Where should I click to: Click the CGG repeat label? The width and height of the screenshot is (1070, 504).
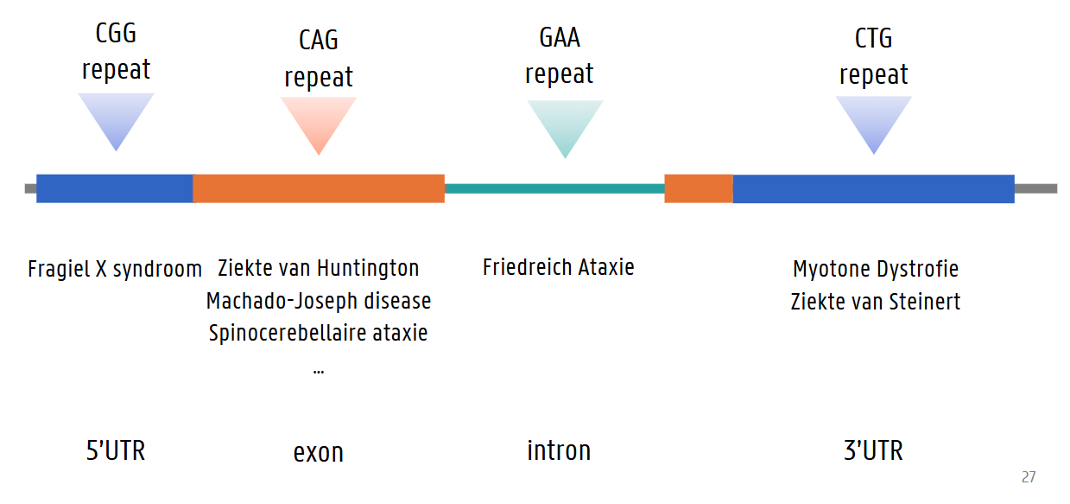point(116,52)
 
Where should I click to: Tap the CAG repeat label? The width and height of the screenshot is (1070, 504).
point(319,58)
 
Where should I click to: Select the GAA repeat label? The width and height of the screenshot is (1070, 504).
point(560,55)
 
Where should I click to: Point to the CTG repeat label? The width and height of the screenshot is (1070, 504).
point(874,56)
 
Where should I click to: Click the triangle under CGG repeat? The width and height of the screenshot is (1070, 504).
point(116,118)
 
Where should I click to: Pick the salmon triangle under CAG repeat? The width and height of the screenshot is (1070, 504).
point(319,121)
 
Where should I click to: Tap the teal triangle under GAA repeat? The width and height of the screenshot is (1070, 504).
point(565,124)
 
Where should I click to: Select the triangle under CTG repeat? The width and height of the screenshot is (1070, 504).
point(874,120)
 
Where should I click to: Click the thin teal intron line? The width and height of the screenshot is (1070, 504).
point(554,188)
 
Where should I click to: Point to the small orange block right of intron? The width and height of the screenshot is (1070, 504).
point(699,188)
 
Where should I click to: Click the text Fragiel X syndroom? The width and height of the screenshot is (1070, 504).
point(115,269)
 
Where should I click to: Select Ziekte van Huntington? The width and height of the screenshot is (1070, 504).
point(319,268)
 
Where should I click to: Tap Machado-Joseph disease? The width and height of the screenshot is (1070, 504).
point(319,301)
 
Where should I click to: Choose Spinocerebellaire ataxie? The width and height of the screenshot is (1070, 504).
point(319,333)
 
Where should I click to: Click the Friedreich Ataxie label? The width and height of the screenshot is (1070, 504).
point(559,267)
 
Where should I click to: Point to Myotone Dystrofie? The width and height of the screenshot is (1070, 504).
point(876,269)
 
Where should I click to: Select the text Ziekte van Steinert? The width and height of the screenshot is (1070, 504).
point(876,302)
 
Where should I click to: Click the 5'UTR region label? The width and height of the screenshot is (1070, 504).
point(116,450)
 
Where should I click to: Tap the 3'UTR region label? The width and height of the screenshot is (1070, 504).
point(873,450)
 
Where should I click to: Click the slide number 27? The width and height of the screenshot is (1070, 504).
point(1029,477)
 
